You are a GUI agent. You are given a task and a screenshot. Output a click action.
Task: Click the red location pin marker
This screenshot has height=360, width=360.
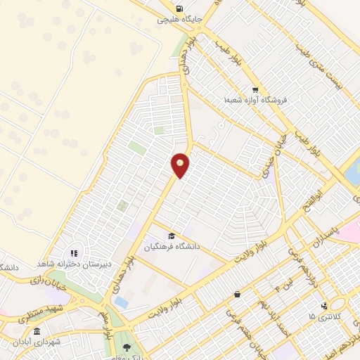pyautogui.click(x=181, y=165)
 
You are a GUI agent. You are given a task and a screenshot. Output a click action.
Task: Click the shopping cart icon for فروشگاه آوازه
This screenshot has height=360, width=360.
pyautogui.click(x=255, y=90)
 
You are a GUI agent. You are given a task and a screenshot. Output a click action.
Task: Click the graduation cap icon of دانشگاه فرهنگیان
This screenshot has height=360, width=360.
pyautogui.click(x=172, y=235)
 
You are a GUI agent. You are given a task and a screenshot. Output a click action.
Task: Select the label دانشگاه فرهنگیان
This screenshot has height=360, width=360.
pyautogui.click(x=173, y=247)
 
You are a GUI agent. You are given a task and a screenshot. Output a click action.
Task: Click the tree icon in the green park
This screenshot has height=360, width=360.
pyautogui.click(x=127, y=347)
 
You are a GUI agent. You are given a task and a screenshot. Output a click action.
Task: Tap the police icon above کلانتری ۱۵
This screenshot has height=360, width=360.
pyautogui.click(x=323, y=305)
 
